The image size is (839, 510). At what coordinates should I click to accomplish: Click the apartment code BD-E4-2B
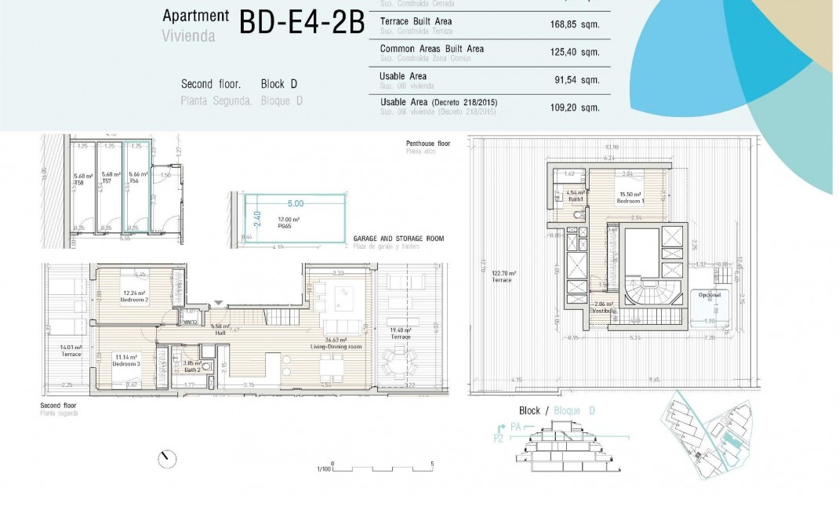coord(302,23)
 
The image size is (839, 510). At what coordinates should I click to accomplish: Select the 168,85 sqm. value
coord(575,24)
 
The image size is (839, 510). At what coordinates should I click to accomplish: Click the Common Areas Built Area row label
coord(431,49)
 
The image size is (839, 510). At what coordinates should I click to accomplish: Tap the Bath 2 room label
coord(193,369)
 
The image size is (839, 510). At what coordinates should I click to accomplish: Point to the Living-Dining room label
coord(339,344)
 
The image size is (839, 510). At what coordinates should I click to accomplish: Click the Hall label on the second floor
coord(220,332)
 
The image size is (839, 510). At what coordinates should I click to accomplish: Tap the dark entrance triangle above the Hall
coord(218,303)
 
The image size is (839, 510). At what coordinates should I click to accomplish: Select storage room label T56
coord(133,180)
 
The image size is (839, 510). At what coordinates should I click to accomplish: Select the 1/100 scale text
coord(321,469)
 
